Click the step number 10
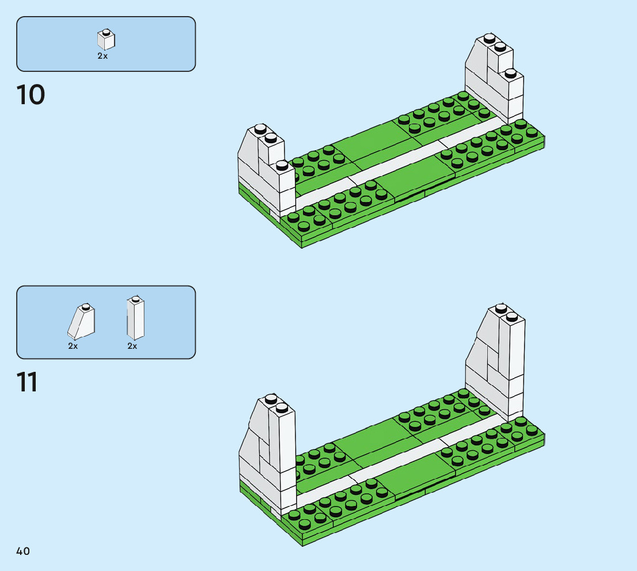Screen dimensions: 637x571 click(x=31, y=94)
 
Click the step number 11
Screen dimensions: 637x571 click(x=27, y=382)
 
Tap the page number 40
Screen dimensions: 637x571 click(x=23, y=551)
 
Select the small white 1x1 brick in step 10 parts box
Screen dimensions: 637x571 click(x=106, y=39)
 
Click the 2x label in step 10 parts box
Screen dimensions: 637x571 click(x=103, y=56)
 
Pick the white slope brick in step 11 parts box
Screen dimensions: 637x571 click(x=81, y=321)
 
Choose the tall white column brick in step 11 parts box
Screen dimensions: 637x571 click(x=135, y=318)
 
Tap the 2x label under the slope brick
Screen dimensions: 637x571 click(x=73, y=346)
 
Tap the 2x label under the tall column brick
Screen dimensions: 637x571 click(x=132, y=346)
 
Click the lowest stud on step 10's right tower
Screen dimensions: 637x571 click(x=510, y=74)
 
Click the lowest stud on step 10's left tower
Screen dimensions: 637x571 click(x=282, y=165)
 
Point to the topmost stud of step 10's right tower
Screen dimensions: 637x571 click(x=490, y=38)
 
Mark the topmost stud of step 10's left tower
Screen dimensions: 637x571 click(x=260, y=129)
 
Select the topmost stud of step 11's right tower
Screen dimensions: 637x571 click(x=501, y=309)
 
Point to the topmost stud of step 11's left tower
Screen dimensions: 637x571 click(x=271, y=399)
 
